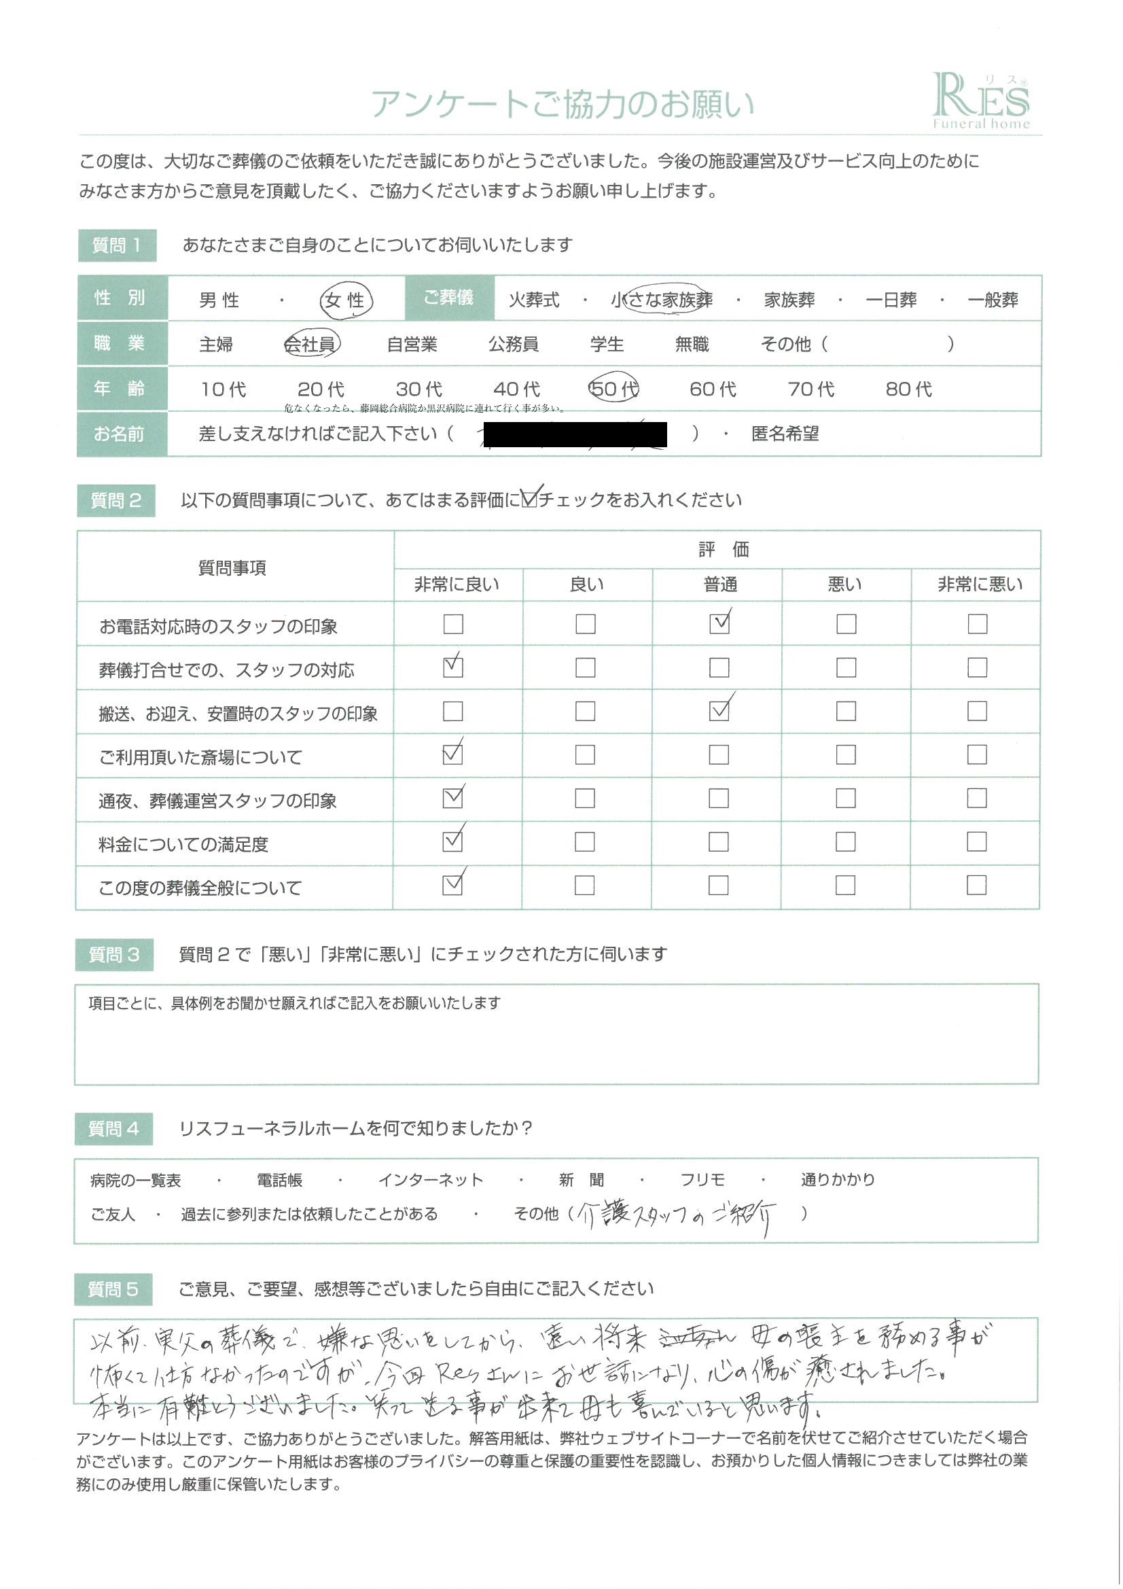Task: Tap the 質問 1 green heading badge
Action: coord(117,245)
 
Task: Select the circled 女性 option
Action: coord(345,300)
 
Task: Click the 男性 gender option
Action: coord(219,300)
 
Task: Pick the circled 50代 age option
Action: coord(613,389)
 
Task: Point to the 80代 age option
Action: coord(908,389)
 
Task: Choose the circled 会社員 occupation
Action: coord(310,344)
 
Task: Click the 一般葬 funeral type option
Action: coord(993,300)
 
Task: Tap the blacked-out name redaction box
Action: coord(575,434)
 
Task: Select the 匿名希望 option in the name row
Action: coord(785,434)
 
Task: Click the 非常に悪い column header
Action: coord(979,584)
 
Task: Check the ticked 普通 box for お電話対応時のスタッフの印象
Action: coord(719,624)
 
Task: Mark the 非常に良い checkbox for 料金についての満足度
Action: coord(452,841)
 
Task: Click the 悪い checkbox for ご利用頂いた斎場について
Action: coord(846,754)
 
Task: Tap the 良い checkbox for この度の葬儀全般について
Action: coord(585,885)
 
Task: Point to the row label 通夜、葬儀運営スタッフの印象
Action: coord(217,801)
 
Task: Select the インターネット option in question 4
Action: coord(430,1180)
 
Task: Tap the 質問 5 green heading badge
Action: coord(113,1289)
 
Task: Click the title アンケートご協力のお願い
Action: coord(562,105)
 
